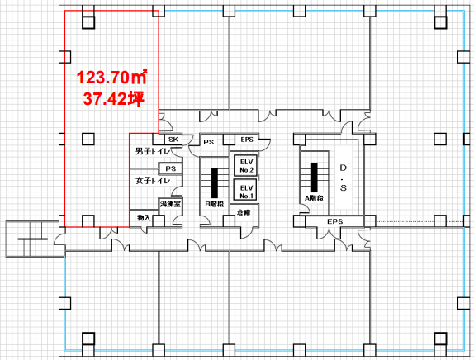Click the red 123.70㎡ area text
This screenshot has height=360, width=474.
click(111, 77)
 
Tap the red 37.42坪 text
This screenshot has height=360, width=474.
click(114, 98)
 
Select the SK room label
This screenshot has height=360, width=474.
click(173, 140)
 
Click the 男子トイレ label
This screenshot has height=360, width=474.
click(153, 150)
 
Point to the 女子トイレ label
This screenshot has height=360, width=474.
click(153, 181)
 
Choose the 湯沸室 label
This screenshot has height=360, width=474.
click(170, 204)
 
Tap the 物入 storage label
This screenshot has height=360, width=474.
click(144, 218)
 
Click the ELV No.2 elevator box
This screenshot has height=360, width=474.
click(246, 166)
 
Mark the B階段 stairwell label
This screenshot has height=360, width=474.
click(215, 204)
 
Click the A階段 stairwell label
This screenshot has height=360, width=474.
click(314, 198)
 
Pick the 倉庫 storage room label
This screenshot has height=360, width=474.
click(244, 212)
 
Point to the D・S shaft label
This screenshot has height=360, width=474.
click(343, 178)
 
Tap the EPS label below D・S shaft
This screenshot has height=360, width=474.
click(335, 221)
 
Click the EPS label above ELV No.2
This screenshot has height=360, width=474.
click(247, 140)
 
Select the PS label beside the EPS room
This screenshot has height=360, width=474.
click(209, 142)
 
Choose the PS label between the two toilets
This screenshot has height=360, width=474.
click(171, 168)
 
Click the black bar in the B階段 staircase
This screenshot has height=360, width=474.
click(215, 183)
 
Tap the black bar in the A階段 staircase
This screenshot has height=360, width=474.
click(315, 178)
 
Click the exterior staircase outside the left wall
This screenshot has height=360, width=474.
click(32, 239)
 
